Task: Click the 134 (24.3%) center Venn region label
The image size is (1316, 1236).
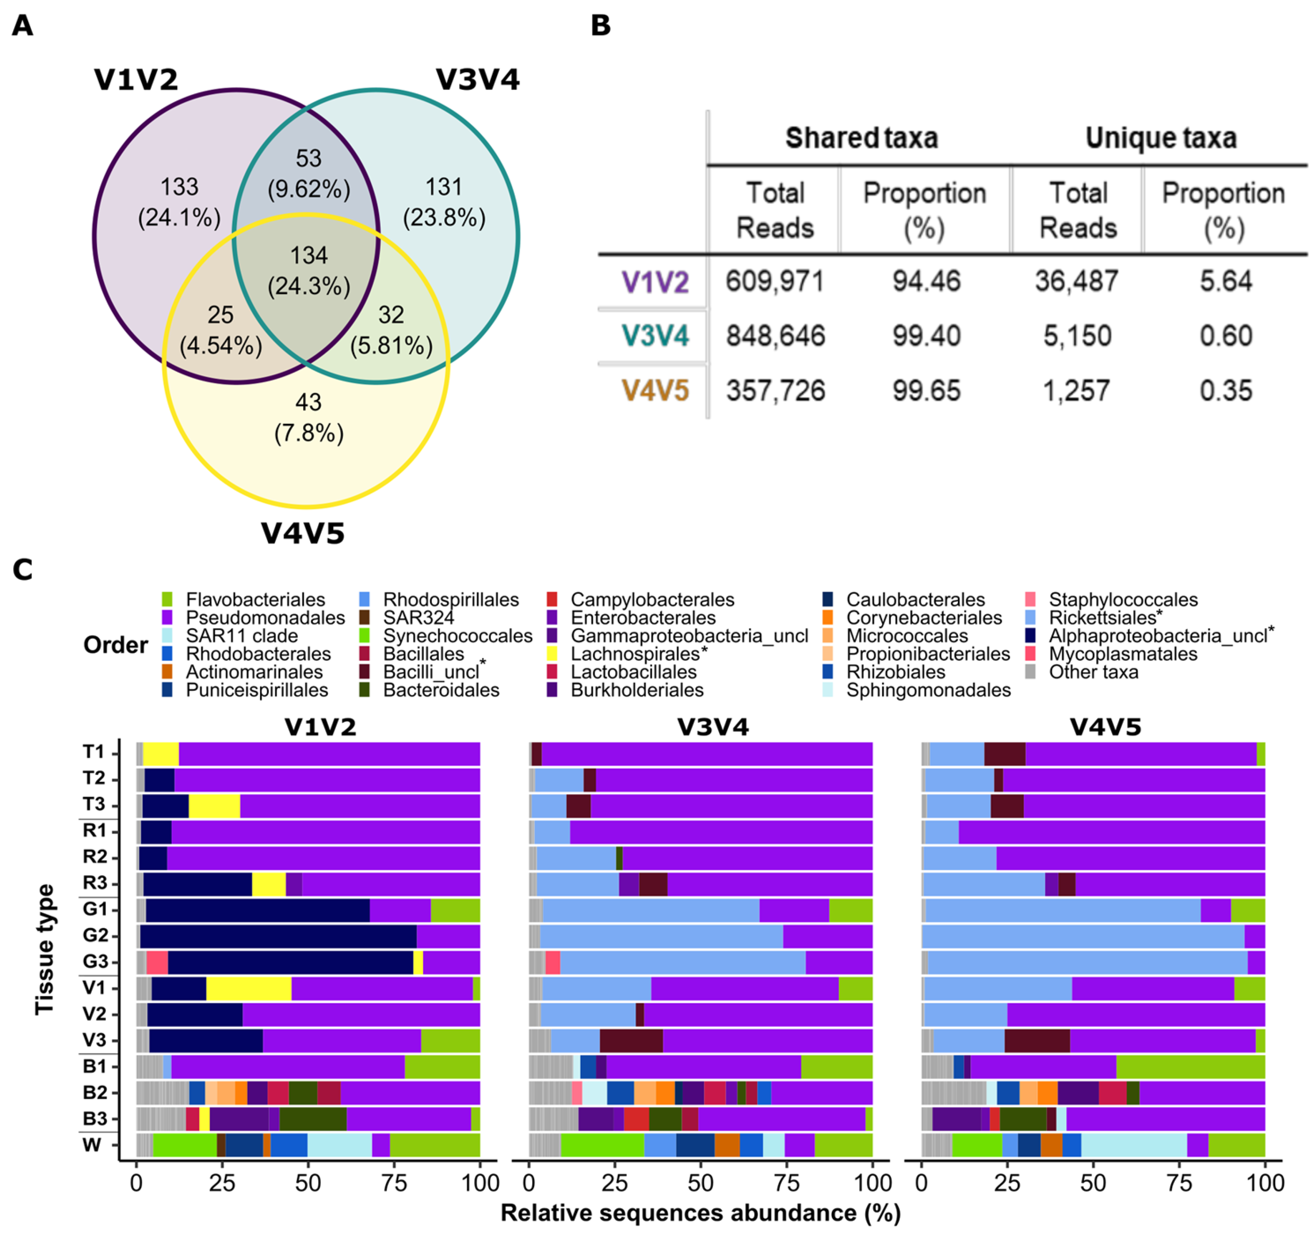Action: pyautogui.click(x=309, y=271)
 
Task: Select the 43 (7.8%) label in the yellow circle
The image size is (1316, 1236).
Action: pyautogui.click(x=309, y=418)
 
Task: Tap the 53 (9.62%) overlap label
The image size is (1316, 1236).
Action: pyautogui.click(x=309, y=174)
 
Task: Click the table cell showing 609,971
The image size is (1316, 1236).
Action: pyautogui.click(x=774, y=281)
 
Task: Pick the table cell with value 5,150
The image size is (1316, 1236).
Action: pyautogui.click(x=1077, y=336)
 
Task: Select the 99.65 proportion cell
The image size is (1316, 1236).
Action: pyautogui.click(x=925, y=391)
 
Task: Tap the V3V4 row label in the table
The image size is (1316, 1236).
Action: pyautogui.click(x=655, y=336)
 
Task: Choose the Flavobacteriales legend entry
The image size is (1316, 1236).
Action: pyautogui.click(x=255, y=600)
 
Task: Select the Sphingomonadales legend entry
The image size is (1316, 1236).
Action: pyautogui.click(x=928, y=690)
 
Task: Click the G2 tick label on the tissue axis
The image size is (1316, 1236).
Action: pyautogui.click(x=95, y=935)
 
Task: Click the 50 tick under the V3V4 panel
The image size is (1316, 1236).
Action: pyautogui.click(x=700, y=1183)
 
